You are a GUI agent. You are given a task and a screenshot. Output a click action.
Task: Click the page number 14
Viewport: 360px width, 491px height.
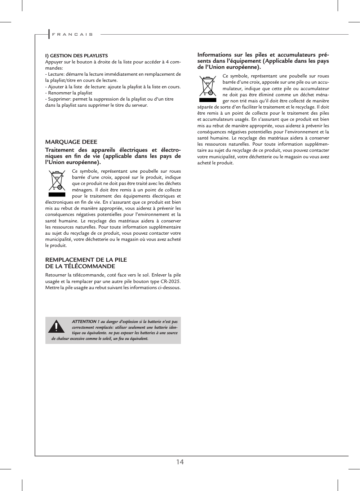180,462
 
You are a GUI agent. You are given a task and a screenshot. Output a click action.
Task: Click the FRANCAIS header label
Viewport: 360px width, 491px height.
72,35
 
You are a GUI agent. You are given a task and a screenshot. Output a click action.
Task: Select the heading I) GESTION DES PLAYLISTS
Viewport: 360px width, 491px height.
76,56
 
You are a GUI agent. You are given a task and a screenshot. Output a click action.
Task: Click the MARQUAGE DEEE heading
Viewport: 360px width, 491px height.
71,142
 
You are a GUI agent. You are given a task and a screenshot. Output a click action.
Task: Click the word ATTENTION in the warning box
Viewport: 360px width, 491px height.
84,322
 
